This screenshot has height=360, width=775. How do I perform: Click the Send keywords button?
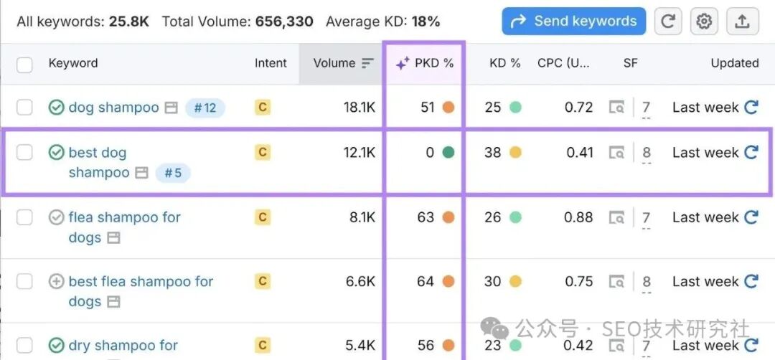click(x=573, y=22)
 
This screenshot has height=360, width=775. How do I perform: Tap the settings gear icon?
click(x=704, y=22)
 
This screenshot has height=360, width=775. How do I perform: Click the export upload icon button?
click(x=742, y=22)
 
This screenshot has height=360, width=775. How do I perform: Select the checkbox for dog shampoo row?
click(x=25, y=108)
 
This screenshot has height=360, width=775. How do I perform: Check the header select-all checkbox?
click(x=25, y=65)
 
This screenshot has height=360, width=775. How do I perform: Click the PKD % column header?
click(x=425, y=63)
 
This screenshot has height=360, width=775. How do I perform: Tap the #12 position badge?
click(x=205, y=108)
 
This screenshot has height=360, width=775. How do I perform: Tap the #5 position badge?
click(x=172, y=173)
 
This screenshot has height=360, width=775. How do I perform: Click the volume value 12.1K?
click(x=360, y=152)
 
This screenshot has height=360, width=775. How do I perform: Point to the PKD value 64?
click(x=426, y=282)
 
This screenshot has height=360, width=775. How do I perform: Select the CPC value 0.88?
click(x=579, y=217)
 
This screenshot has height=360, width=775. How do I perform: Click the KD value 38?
click(x=492, y=152)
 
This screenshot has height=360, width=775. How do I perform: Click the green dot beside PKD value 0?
click(x=448, y=152)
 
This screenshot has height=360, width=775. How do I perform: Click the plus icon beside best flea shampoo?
click(x=56, y=282)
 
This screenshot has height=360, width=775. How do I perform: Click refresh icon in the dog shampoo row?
click(x=751, y=108)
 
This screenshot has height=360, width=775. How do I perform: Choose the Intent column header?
click(x=271, y=63)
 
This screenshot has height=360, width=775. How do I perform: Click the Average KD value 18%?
click(x=426, y=22)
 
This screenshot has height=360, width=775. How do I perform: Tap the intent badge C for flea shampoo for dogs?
click(x=262, y=217)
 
